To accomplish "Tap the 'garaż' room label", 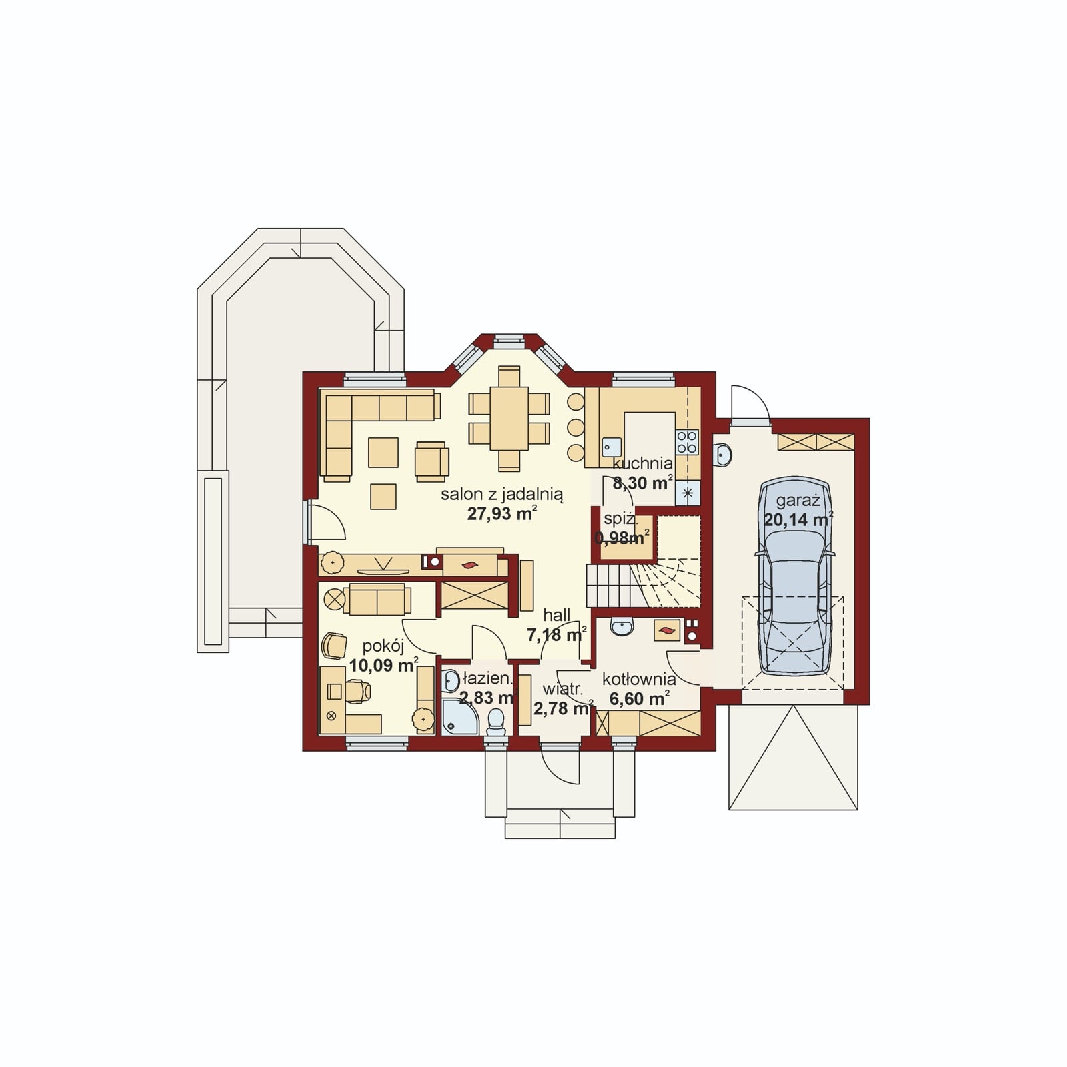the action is pyautogui.click(x=798, y=501).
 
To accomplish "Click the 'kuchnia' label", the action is pyautogui.click(x=643, y=464).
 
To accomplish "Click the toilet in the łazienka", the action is pyautogui.click(x=495, y=722).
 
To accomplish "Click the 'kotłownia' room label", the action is pyautogui.click(x=639, y=680).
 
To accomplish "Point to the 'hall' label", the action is pyautogui.click(x=556, y=615).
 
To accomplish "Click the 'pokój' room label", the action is pyautogui.click(x=383, y=646).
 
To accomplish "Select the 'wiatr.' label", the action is pyautogui.click(x=562, y=688).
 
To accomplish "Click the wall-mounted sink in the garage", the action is pyautogui.click(x=723, y=454).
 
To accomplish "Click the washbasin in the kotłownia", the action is pyautogui.click(x=622, y=627).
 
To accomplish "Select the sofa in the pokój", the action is pyautogui.click(x=377, y=599).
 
